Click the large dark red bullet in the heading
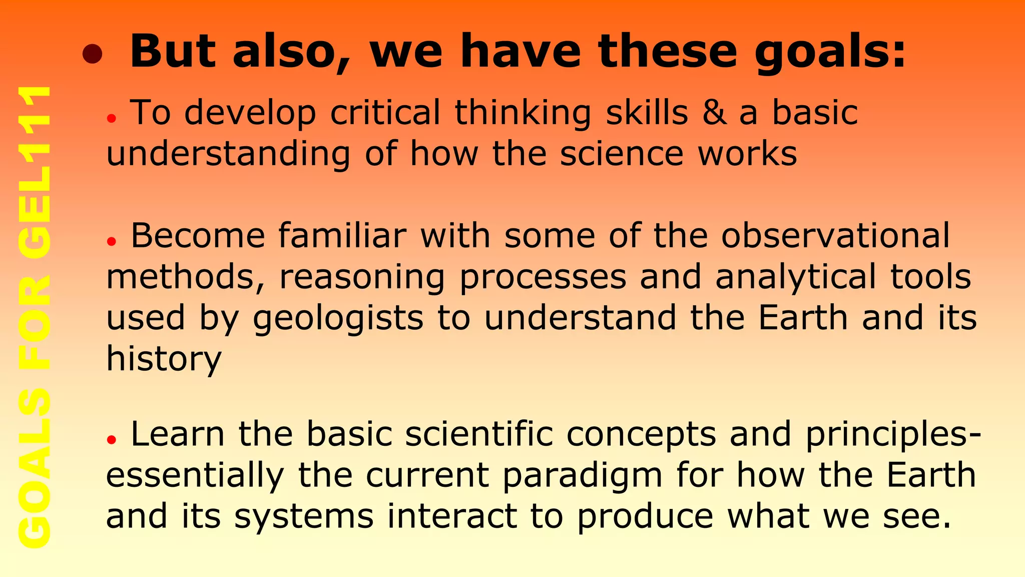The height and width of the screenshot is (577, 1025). [93, 55]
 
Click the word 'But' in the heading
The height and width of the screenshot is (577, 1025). [173, 51]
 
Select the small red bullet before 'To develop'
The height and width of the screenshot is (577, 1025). [111, 119]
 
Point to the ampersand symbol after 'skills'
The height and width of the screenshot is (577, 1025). [714, 113]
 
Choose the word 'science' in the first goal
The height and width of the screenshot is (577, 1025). [622, 154]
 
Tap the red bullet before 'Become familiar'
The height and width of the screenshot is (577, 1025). [111, 241]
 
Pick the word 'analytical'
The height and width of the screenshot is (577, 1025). [796, 276]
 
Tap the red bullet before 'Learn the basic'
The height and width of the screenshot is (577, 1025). [111, 440]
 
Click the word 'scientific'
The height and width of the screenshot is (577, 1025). [479, 434]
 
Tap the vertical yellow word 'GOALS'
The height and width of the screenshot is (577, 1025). [34, 468]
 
